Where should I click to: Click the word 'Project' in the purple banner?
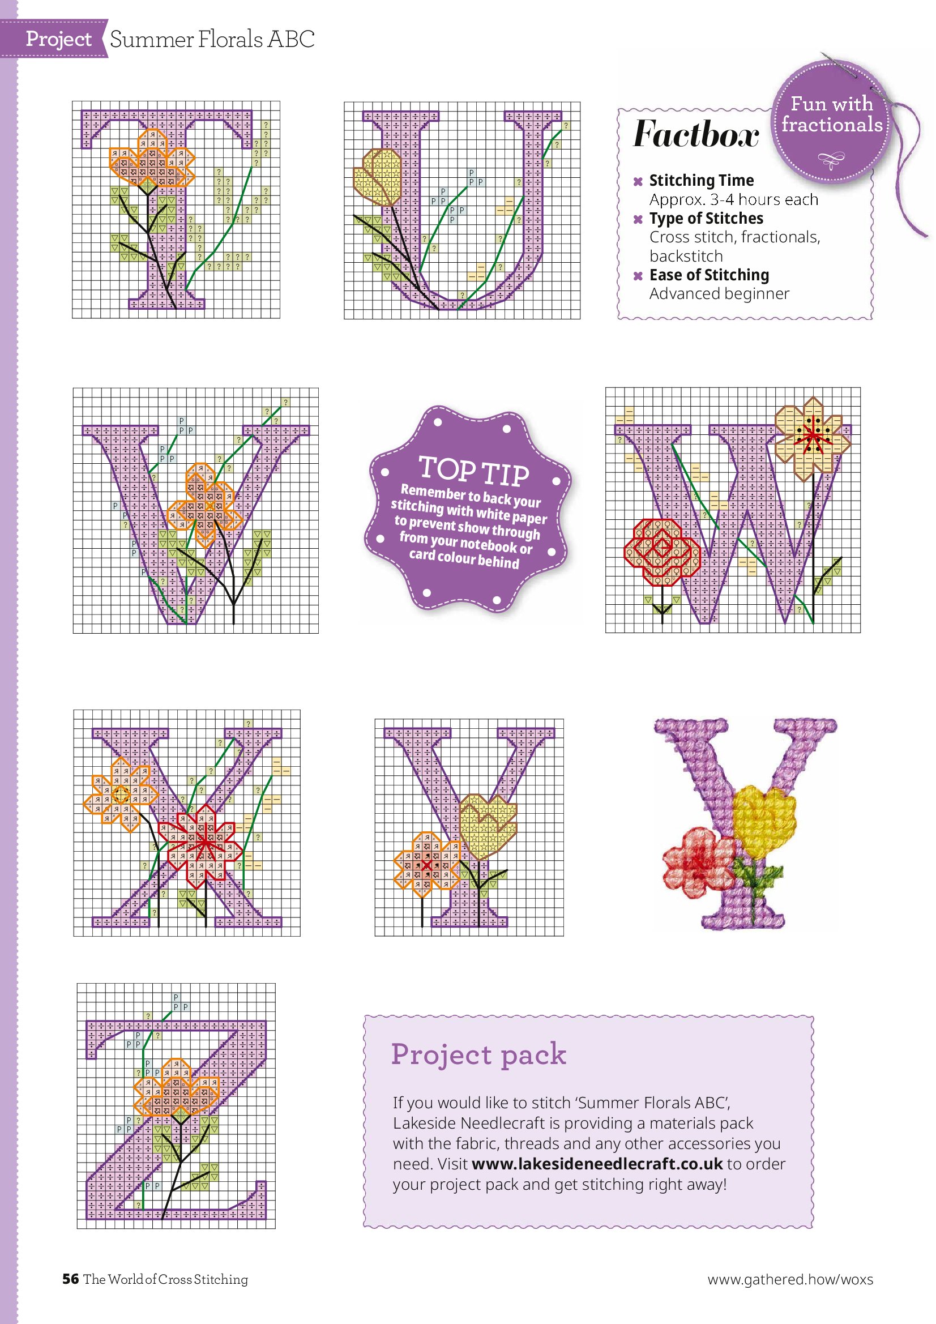pyautogui.click(x=58, y=39)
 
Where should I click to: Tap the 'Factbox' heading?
pyautogui.click(x=696, y=134)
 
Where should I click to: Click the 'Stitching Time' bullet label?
pyautogui.click(x=701, y=181)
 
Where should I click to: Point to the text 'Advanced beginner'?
pyautogui.click(x=719, y=293)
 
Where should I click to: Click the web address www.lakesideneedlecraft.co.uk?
pyautogui.click(x=597, y=1164)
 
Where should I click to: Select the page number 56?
pyautogui.click(x=70, y=1279)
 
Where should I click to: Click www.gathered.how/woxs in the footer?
pyautogui.click(x=790, y=1280)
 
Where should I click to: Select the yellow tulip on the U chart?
pyautogui.click(x=379, y=177)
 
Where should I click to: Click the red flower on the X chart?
pyautogui.click(x=206, y=842)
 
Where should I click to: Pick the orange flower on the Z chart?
pyautogui.click(x=177, y=1087)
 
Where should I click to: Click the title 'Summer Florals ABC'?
pyautogui.click(x=212, y=39)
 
